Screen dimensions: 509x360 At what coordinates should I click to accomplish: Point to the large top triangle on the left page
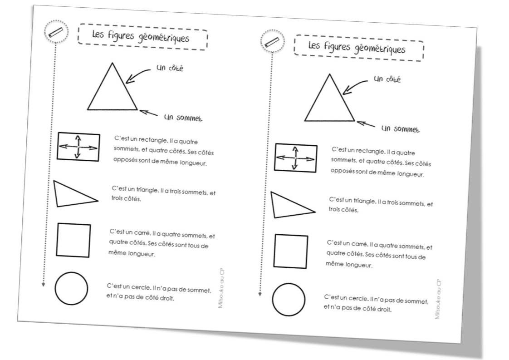125,86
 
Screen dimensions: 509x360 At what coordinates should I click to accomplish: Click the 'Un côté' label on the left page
170,68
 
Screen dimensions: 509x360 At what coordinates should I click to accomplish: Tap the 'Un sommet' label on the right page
400,128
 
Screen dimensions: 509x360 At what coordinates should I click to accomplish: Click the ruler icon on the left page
56,32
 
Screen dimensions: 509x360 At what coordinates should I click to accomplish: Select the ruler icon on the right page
272,43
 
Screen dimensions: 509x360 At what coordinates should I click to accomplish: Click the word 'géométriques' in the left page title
164,38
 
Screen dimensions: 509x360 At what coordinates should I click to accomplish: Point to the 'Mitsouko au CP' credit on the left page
221,288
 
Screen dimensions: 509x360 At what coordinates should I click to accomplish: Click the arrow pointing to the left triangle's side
137,75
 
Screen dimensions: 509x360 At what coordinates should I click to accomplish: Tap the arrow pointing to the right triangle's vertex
366,124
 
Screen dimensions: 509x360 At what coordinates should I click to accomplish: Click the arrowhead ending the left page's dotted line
43,285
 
